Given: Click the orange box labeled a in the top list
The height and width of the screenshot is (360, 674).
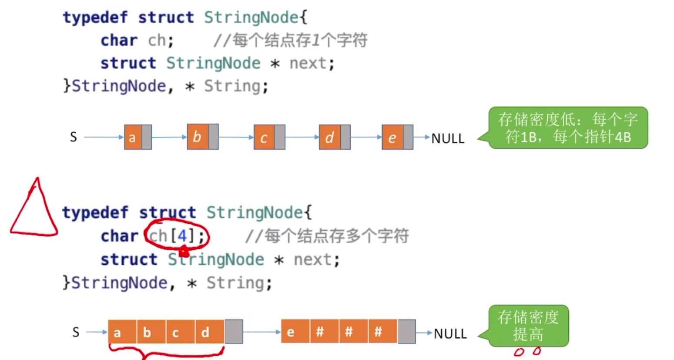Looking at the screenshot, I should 133,138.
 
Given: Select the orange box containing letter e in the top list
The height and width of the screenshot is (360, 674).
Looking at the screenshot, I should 392,138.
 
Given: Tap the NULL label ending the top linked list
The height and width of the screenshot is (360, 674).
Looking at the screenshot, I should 448,138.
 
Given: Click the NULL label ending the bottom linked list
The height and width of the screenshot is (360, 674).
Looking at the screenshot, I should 450,334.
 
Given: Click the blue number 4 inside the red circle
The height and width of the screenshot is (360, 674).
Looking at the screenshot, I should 182,236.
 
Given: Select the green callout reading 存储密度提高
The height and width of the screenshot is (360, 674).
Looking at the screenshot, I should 528,326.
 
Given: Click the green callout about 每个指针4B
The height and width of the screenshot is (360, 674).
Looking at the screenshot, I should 568,128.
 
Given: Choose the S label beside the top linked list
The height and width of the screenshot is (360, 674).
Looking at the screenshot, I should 74,138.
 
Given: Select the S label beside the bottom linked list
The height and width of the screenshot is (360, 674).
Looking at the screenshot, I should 76,333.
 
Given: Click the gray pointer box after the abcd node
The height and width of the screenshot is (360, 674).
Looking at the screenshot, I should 234,332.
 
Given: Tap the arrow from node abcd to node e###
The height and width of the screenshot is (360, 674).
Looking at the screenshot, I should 262,332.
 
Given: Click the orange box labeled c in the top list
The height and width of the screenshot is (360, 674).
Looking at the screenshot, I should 264,138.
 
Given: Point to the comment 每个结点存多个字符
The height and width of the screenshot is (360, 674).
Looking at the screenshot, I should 326,236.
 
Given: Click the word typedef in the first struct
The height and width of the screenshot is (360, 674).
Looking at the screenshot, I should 95,17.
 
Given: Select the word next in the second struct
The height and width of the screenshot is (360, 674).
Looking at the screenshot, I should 313,260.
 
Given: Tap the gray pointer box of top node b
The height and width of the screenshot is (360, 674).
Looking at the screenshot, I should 213,137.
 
